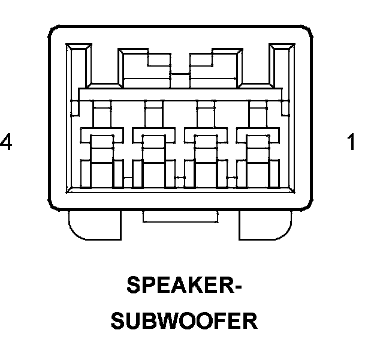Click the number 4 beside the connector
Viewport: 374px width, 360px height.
point(6,143)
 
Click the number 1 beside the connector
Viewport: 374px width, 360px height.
point(351,143)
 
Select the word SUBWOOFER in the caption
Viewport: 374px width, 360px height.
point(185,320)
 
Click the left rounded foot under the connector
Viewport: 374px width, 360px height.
point(95,225)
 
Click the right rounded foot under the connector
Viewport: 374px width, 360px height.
point(265,225)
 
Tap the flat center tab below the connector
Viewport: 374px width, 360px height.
point(180,217)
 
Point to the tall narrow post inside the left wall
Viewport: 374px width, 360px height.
point(79,78)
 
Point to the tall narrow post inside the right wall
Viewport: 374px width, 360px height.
point(281,78)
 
